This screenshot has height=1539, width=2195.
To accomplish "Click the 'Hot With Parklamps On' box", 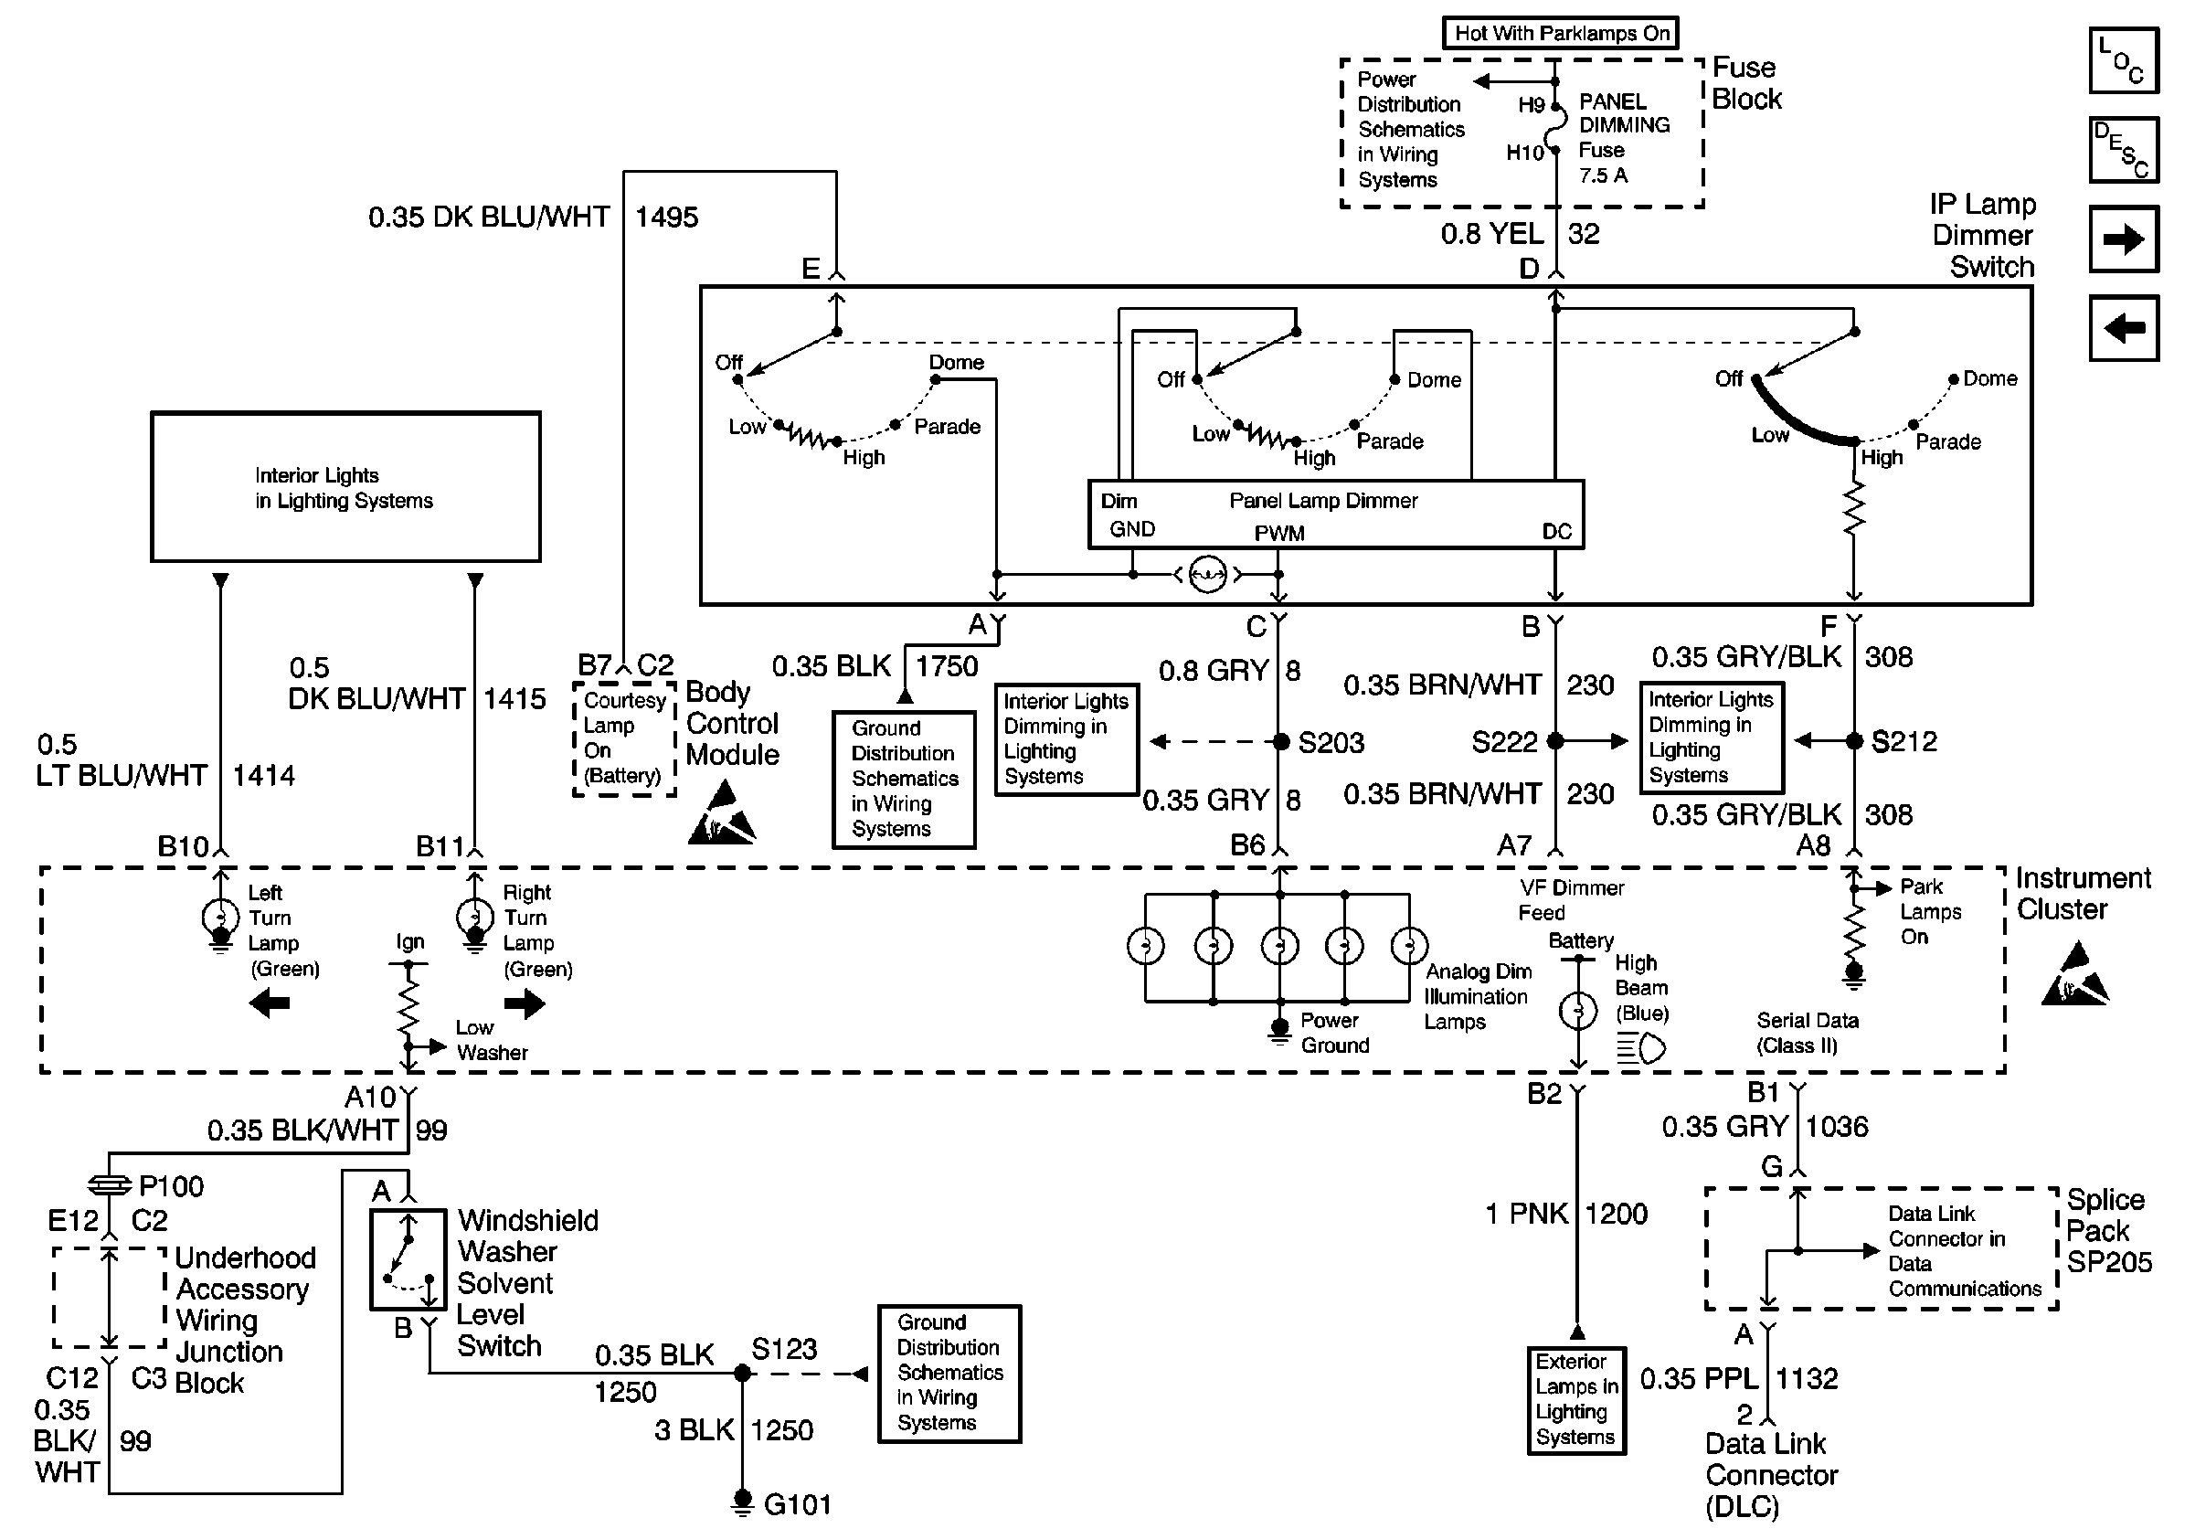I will (x=1560, y=34).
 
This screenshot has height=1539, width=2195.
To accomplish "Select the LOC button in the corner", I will (x=2124, y=61).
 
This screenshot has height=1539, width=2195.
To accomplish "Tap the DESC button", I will (x=2124, y=150).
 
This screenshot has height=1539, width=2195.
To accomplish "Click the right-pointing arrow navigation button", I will (x=2124, y=239).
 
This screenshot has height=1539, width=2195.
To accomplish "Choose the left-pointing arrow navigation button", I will (x=2124, y=329).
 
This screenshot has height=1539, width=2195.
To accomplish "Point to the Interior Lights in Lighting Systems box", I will (x=345, y=487).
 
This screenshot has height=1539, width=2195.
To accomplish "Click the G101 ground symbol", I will (x=742, y=1502).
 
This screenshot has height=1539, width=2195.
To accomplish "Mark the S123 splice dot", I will (x=742, y=1374).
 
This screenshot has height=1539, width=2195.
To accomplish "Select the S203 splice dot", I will (x=1280, y=742).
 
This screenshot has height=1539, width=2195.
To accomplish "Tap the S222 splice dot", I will (x=1555, y=741).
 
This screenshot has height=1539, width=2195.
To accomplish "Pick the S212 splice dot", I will (x=1854, y=741).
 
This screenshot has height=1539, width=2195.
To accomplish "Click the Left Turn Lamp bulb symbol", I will (x=221, y=918).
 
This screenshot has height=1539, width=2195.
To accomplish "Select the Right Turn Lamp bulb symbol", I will (x=475, y=918).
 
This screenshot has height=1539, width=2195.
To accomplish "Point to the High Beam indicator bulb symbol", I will (x=1578, y=1011).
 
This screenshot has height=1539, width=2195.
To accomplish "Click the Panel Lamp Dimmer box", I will (x=1335, y=515).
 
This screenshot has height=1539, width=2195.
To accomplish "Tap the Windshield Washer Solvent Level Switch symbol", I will (x=408, y=1260).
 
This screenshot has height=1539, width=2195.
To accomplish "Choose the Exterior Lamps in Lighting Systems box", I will (x=1576, y=1399).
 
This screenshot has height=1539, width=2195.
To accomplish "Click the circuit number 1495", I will (x=666, y=218).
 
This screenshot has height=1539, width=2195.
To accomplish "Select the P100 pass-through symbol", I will (x=109, y=1185).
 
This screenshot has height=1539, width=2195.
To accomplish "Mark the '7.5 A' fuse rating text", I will (x=1603, y=175).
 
